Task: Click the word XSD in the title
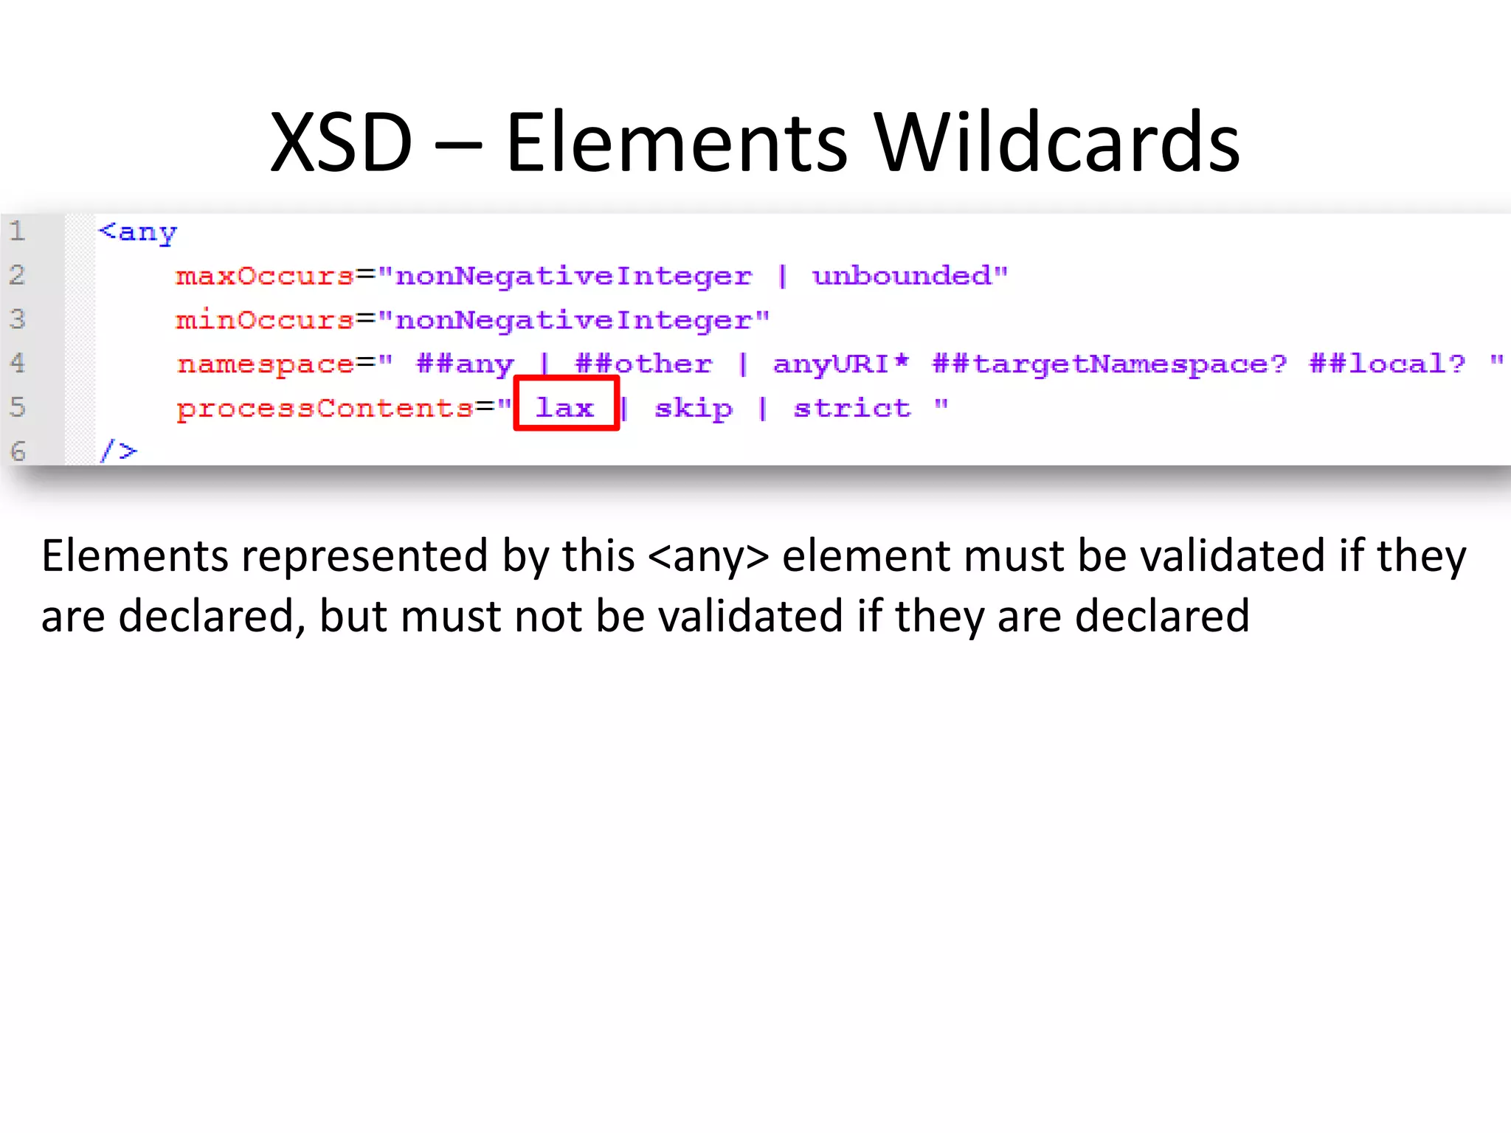pos(341,142)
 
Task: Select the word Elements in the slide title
pos(677,142)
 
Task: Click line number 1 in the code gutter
pos(18,231)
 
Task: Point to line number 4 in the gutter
pos(18,363)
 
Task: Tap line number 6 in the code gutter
pos(18,451)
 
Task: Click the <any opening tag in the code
pos(139,232)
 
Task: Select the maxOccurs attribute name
pos(265,276)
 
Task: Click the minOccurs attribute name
pos(265,320)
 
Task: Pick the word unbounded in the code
pos(902,276)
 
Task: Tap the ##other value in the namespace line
pos(643,364)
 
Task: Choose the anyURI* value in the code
pos(840,364)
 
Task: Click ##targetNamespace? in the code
pos(1109,364)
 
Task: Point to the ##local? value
pos(1387,364)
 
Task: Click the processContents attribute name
pos(325,409)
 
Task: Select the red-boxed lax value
pos(565,407)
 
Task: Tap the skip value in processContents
pos(694,408)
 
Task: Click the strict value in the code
pos(852,408)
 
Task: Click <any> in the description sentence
pos(708,556)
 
